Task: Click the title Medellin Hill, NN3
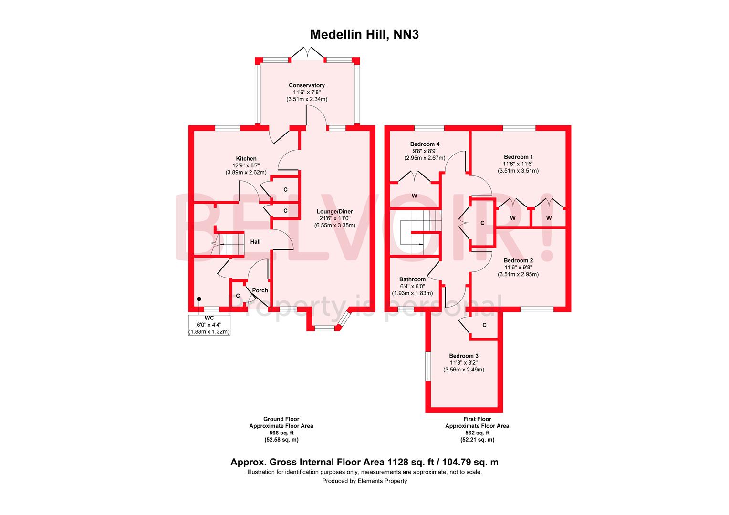click(x=364, y=35)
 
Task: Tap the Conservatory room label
click(x=306, y=86)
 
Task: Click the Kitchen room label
click(x=246, y=159)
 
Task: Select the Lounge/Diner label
click(x=334, y=212)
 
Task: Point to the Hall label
click(x=256, y=242)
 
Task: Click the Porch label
click(x=260, y=290)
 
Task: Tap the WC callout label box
click(x=209, y=325)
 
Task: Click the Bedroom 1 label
click(x=518, y=157)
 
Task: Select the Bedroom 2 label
click(x=518, y=260)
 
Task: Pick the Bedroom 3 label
click(x=463, y=356)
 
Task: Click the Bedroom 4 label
click(x=425, y=144)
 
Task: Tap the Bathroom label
click(x=412, y=279)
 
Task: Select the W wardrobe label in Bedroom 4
click(x=415, y=196)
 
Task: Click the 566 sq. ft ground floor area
click(x=281, y=433)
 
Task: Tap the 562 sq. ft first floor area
click(x=477, y=433)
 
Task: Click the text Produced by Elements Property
click(x=364, y=481)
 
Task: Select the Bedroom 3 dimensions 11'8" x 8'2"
click(x=463, y=363)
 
